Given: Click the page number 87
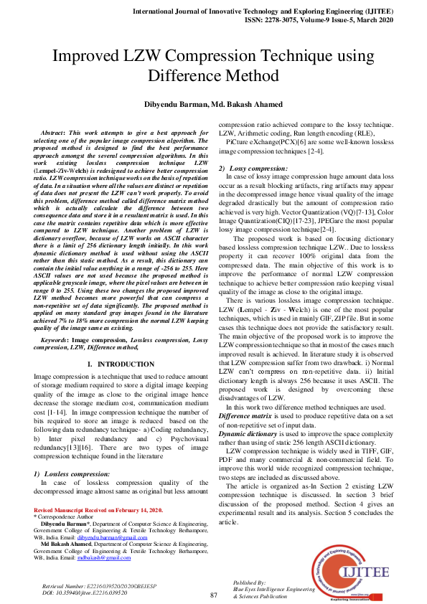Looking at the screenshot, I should (213, 595).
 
